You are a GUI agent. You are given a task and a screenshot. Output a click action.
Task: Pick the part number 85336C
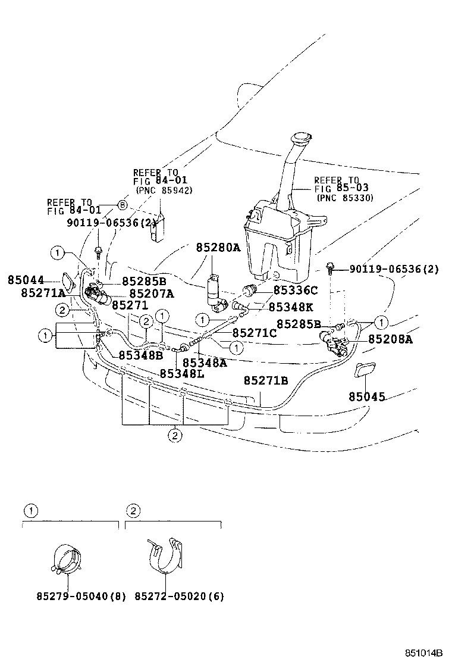coord(296,291)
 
